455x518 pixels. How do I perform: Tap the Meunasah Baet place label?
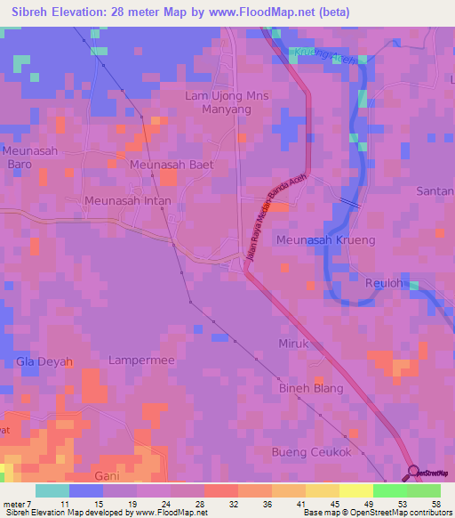(172, 166)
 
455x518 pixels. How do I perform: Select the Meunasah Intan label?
(126, 200)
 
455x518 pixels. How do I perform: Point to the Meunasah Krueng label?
(325, 240)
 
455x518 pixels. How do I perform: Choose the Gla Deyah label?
(44, 361)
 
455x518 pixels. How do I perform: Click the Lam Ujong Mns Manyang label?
(219, 102)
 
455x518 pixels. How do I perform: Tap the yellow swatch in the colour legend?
(356, 490)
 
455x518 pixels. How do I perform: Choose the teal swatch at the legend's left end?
(52, 490)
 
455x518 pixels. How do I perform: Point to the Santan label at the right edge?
(435, 191)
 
